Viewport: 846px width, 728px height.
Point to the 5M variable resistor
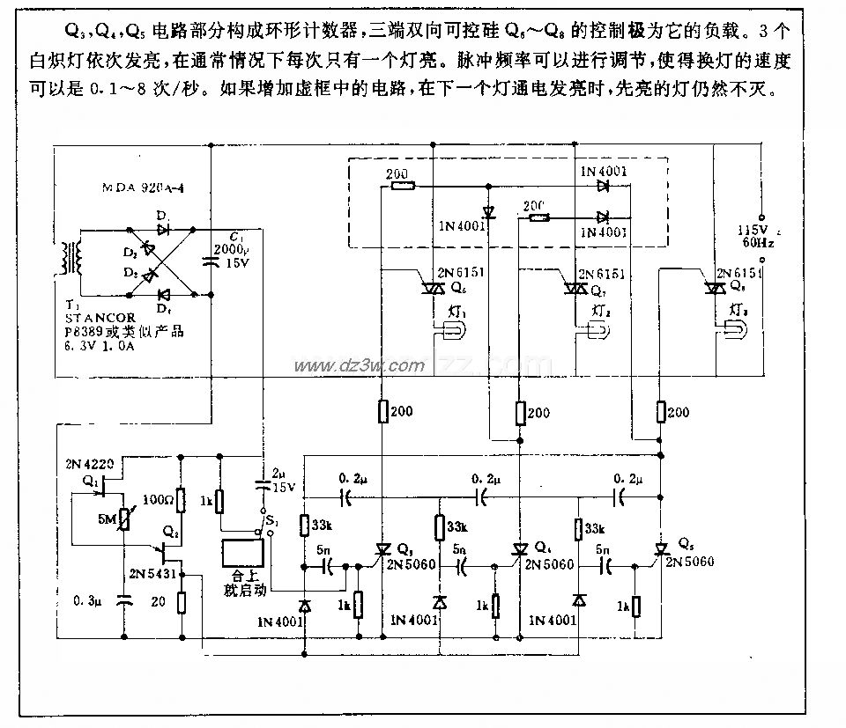click(x=122, y=517)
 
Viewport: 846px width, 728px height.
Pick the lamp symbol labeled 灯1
click(x=450, y=330)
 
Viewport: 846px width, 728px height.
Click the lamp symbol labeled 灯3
click(x=737, y=330)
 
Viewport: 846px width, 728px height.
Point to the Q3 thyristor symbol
click(x=382, y=548)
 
